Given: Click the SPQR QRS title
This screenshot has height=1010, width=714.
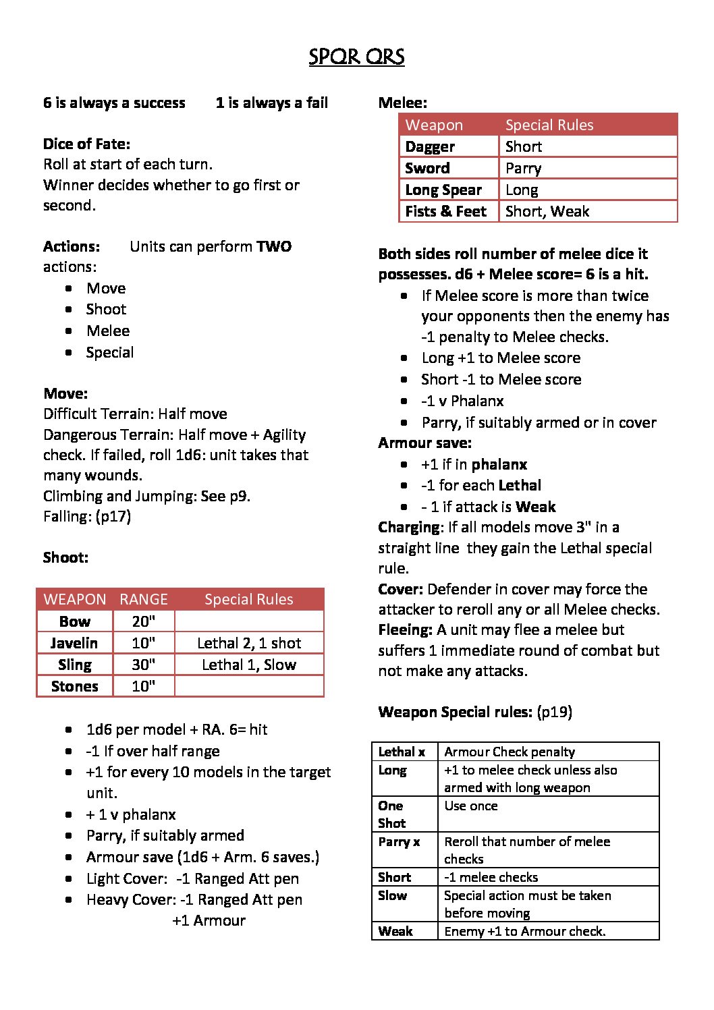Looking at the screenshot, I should (356, 57).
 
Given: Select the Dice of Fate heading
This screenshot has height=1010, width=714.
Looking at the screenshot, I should (86, 144).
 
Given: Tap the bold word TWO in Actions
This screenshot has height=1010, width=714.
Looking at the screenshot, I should (274, 246).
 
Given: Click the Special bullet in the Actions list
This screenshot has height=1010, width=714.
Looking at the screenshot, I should (109, 352).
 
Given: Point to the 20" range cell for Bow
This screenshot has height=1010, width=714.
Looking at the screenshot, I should (143, 621).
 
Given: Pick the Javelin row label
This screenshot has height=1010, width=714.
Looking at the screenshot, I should (74, 643).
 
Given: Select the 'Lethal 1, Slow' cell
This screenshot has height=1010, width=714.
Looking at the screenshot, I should (249, 665).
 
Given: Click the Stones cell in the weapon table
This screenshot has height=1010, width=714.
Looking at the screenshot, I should (74, 686).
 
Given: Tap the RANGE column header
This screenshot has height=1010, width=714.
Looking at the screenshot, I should (143, 599).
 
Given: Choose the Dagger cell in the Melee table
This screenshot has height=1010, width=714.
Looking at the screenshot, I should (430, 146).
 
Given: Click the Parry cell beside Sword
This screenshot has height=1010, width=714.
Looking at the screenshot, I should (523, 168).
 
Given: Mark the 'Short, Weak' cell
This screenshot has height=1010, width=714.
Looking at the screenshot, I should (547, 211).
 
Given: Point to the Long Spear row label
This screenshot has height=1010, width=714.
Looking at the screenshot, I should (443, 190).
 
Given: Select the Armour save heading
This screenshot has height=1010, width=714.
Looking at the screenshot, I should (424, 443).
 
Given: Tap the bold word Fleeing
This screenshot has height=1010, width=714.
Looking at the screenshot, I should (405, 629).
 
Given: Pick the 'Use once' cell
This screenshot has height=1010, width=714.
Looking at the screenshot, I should (471, 806).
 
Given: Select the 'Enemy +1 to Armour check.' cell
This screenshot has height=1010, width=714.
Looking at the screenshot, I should (525, 931).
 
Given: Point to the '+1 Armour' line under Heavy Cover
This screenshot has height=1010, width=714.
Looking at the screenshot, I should (209, 920).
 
